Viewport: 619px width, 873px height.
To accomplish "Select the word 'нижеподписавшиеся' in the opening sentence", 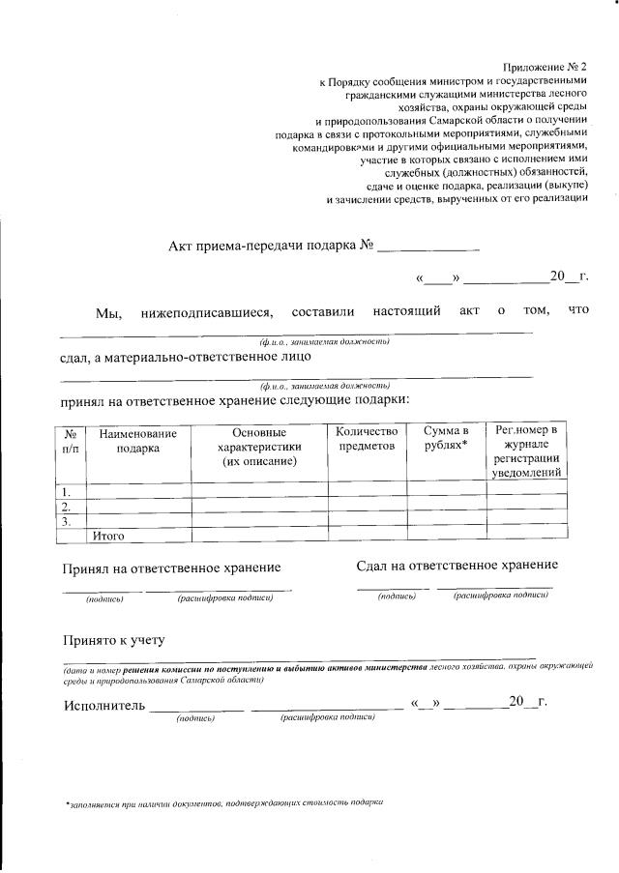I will coord(207,311).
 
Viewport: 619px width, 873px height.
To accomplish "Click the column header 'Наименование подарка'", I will coord(138,443).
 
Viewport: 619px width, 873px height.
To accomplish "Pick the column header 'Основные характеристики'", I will coord(259,448).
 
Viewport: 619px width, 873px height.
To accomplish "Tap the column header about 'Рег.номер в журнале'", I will coord(526,451).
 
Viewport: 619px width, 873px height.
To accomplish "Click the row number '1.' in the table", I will coord(68,490).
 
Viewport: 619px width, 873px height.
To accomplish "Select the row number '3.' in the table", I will coord(68,520).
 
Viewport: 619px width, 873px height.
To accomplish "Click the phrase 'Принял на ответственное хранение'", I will coord(172,568).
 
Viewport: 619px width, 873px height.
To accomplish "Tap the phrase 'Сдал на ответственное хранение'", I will coord(457,565).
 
